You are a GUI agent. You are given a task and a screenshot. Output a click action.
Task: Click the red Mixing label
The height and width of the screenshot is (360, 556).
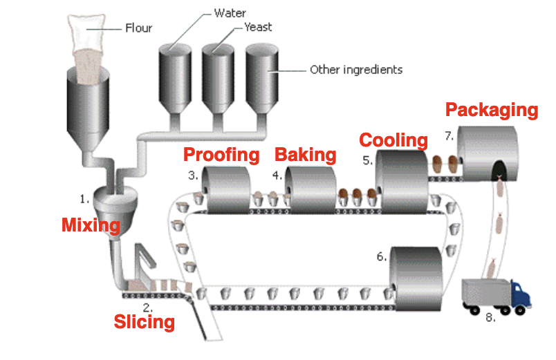91,225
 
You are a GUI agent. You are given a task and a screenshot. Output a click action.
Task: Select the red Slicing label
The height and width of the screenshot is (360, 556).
144,322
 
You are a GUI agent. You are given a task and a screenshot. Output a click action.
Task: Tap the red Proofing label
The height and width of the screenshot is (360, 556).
221,155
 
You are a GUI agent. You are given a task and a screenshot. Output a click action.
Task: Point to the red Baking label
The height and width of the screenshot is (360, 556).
306,155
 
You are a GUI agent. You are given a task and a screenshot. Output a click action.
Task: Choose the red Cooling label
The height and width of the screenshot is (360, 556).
393,140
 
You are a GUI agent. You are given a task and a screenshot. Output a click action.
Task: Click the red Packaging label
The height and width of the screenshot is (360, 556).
491,110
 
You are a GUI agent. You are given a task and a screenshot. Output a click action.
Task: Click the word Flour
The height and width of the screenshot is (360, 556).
138,29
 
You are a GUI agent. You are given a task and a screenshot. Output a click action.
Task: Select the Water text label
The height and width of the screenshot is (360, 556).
230,12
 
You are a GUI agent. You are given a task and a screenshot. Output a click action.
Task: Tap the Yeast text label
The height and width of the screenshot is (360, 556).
258,28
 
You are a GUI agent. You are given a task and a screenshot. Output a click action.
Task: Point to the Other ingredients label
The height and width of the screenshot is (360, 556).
356,70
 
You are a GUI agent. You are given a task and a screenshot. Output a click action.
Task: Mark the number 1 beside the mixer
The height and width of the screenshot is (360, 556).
84,199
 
